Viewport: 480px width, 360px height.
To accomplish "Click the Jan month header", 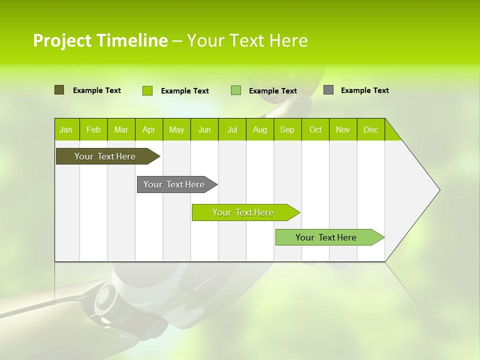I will pyautogui.click(x=66, y=129).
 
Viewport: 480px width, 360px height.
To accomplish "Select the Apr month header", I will pyautogui.click(x=149, y=129).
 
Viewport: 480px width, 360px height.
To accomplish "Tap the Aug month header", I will pyautogui.click(x=260, y=129).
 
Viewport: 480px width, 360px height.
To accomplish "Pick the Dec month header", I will pyautogui.click(x=370, y=129).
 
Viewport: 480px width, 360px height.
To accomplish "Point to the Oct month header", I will pyautogui.click(x=315, y=129).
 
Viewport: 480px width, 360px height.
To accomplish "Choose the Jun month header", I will pyautogui.click(x=204, y=129).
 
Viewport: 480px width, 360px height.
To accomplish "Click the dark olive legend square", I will pyautogui.click(x=59, y=90).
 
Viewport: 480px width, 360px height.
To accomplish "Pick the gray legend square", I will pyautogui.click(x=328, y=90).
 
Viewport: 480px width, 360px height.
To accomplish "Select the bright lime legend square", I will pyautogui.click(x=147, y=90).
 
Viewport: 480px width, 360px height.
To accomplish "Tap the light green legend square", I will pyautogui.click(x=236, y=90).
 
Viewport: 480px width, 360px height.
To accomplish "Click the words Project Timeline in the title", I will pyautogui.click(x=100, y=40).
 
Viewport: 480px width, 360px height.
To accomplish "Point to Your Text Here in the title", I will pyautogui.click(x=247, y=40).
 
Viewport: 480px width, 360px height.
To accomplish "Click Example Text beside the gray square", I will pyautogui.click(x=364, y=90).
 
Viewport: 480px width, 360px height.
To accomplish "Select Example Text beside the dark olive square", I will pyautogui.click(x=97, y=90).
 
